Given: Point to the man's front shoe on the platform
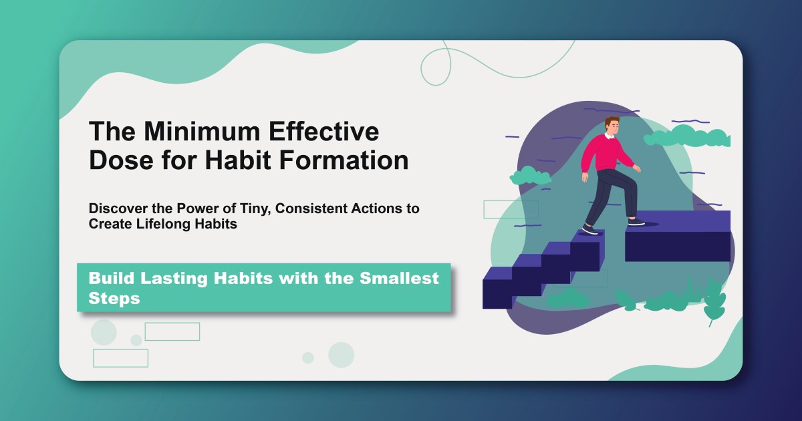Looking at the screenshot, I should [636, 221].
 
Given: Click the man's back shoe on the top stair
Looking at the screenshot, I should [589, 229].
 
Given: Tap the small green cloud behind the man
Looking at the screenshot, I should [530, 177].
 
